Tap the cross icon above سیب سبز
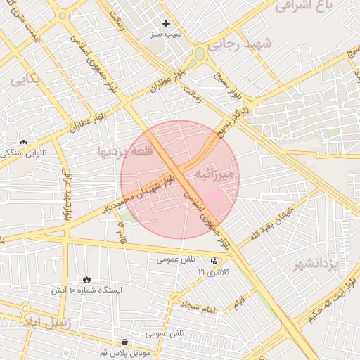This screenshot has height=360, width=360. [x=166, y=24]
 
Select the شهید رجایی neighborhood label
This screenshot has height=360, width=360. [x=263, y=44]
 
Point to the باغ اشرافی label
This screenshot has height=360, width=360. [x=304, y=7]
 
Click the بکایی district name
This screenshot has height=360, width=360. [x=25, y=79]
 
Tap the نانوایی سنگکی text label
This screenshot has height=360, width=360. [x=25, y=152]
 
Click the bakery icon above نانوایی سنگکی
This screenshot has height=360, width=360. [x=24, y=142]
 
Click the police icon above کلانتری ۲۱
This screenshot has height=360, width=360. [x=214, y=261]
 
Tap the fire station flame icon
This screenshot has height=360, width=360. [x=86, y=280]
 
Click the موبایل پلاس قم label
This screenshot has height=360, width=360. [x=124, y=352]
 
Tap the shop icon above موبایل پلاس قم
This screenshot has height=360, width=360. [x=124, y=342]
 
